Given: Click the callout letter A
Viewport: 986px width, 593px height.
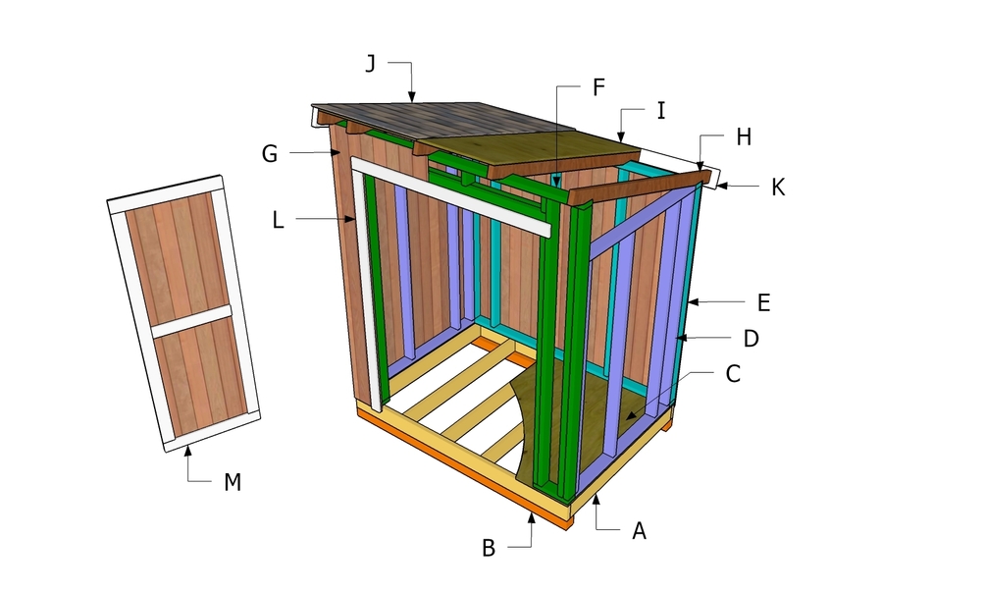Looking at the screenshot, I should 639,531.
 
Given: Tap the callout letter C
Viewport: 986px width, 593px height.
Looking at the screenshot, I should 732,374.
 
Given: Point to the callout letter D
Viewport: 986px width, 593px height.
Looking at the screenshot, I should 751,339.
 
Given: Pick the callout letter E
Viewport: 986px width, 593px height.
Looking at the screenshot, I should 762,302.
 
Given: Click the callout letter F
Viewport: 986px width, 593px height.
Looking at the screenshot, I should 597,86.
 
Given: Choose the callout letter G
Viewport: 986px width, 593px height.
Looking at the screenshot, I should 270,153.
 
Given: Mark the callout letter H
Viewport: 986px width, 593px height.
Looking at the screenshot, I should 743,138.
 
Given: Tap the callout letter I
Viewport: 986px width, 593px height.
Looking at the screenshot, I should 660,112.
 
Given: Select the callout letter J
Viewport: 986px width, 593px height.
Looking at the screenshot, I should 370,64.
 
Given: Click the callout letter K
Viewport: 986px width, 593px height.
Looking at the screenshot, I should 777,187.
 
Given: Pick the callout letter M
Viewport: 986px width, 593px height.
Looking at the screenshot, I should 232,482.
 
